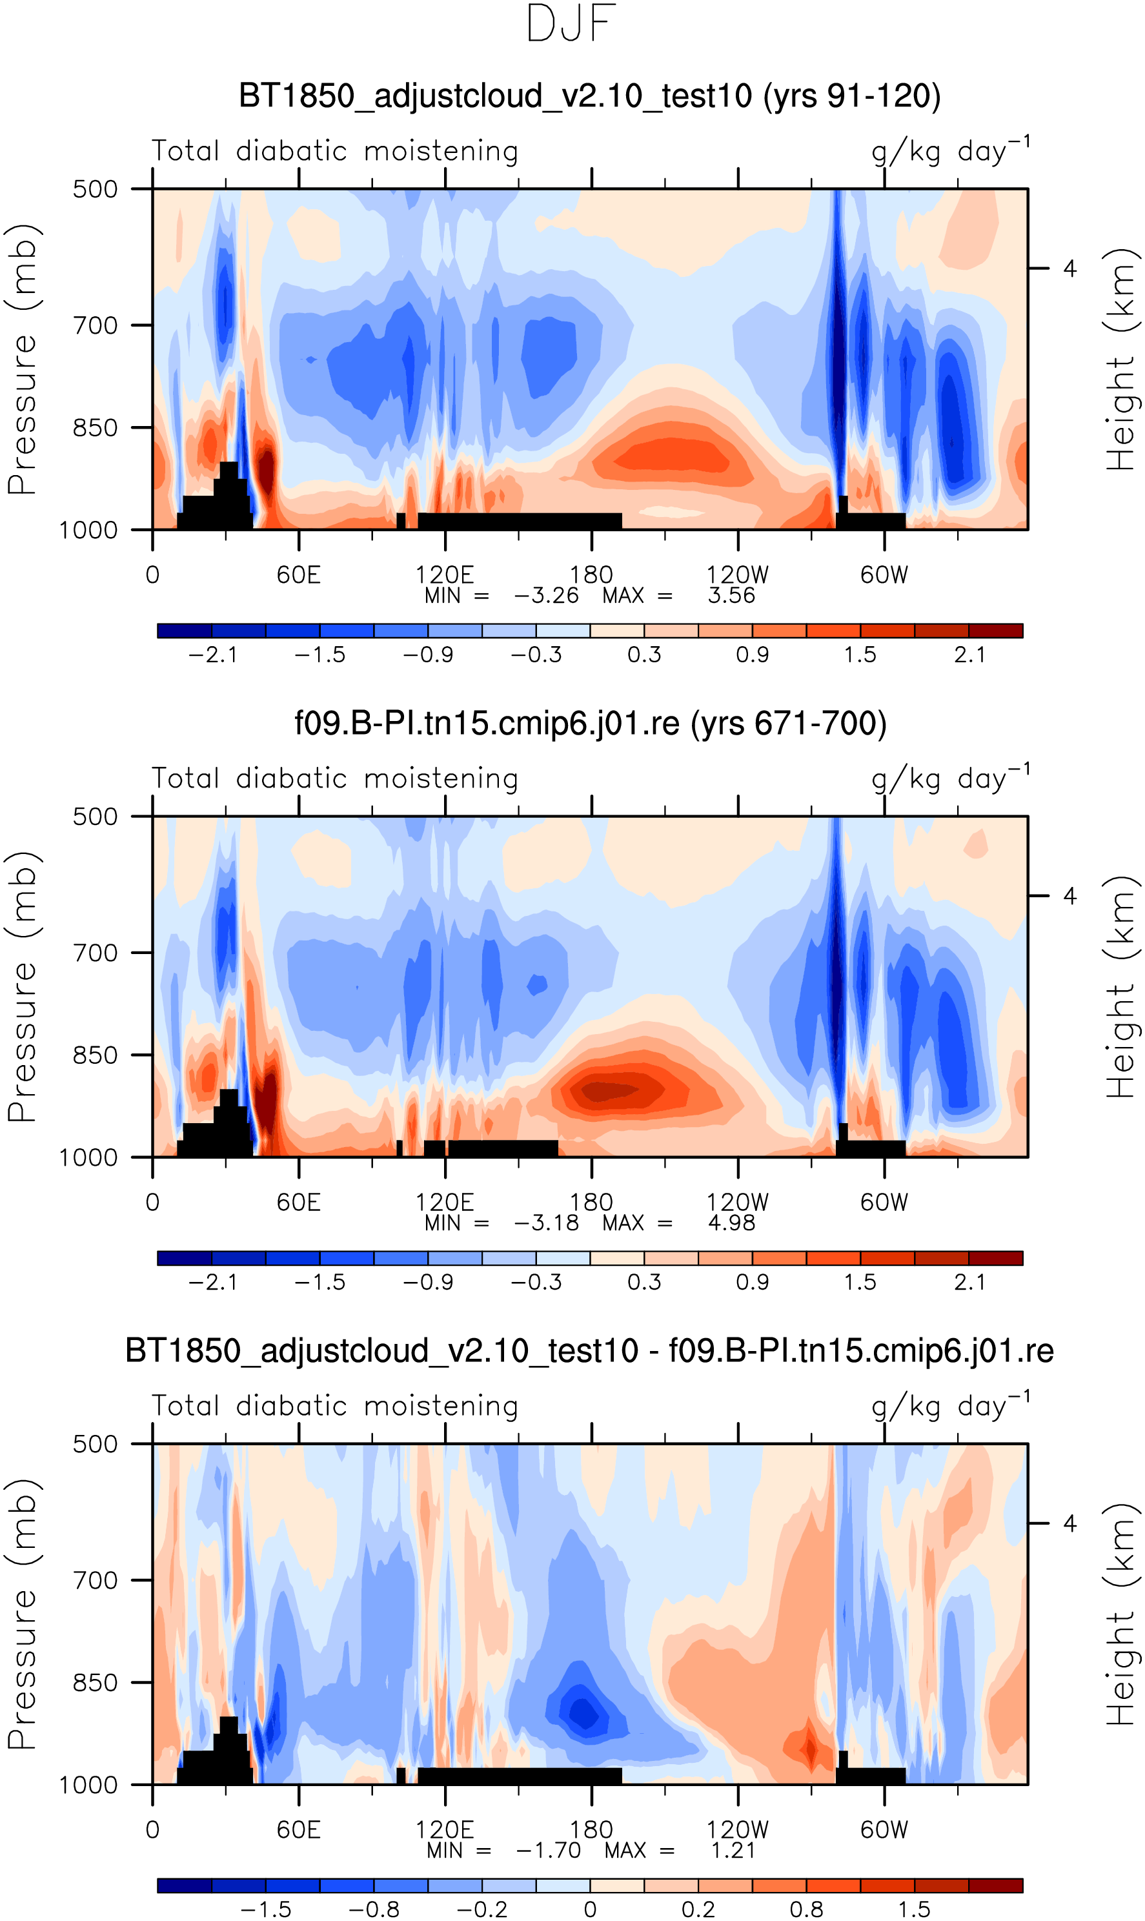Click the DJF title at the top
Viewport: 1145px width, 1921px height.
(x=571, y=24)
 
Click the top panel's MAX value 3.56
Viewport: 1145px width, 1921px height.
(x=731, y=596)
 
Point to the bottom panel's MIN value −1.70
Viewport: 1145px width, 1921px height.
(x=548, y=1850)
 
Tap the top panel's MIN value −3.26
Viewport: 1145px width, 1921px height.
(x=546, y=596)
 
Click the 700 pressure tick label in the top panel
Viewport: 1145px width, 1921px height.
(x=96, y=325)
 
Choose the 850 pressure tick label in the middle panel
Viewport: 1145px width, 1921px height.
(x=96, y=1055)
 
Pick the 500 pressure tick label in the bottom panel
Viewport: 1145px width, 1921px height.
(x=96, y=1444)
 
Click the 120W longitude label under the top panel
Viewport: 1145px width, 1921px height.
(x=738, y=574)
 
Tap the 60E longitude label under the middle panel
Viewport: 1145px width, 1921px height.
(x=299, y=1202)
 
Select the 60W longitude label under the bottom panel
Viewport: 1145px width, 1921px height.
(x=884, y=1829)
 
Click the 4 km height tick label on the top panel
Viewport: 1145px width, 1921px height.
(x=1069, y=269)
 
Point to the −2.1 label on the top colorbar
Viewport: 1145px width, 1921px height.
(x=213, y=655)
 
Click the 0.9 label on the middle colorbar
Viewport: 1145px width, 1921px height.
(x=753, y=1282)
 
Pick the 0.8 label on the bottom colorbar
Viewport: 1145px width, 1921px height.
(x=806, y=1909)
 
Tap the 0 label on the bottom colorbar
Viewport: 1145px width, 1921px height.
(x=590, y=1909)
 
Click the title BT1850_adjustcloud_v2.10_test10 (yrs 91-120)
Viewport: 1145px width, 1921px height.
(x=589, y=96)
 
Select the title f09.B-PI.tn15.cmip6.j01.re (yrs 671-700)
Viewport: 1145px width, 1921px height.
(x=590, y=724)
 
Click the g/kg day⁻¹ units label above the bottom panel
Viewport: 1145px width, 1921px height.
(x=951, y=1407)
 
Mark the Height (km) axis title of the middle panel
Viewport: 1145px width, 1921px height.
(x=1120, y=988)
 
